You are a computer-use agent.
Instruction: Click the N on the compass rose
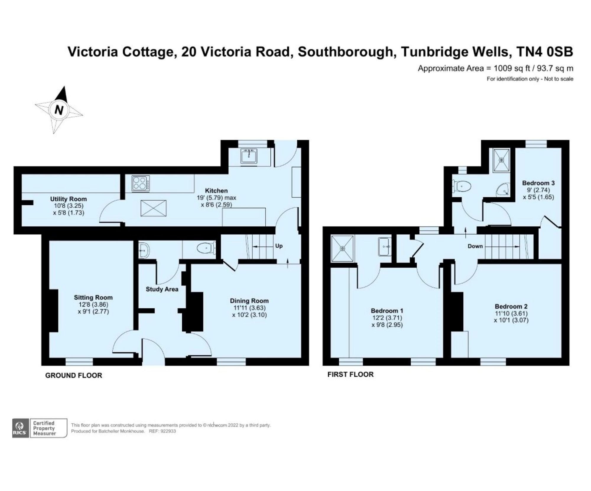click(59, 110)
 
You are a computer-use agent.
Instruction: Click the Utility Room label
click(68, 199)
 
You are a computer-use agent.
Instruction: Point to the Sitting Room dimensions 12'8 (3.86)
click(93, 304)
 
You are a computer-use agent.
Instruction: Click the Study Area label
click(162, 289)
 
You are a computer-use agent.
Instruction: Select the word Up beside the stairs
click(279, 245)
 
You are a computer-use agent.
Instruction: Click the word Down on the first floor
click(475, 246)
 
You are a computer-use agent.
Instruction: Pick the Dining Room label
click(249, 301)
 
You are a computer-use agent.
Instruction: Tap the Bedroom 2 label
click(511, 306)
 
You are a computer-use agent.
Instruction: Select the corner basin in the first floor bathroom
click(503, 189)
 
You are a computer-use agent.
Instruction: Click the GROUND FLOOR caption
click(74, 375)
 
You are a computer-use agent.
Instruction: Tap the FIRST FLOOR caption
click(350, 374)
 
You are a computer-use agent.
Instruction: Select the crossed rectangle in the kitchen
click(153, 208)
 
